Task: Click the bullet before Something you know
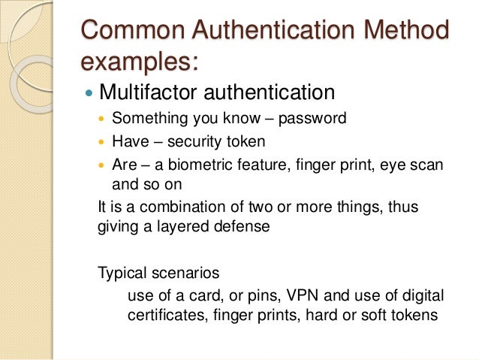103,119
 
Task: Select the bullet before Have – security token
103,141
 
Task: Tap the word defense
239,227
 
